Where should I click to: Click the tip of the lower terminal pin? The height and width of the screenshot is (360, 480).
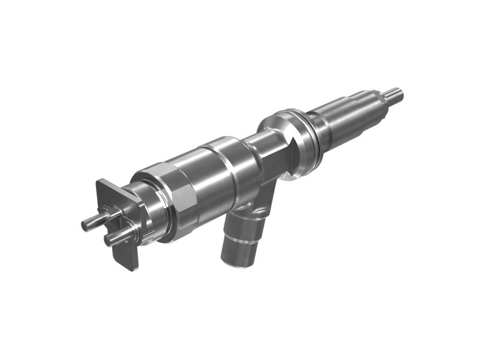click(109, 241)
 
